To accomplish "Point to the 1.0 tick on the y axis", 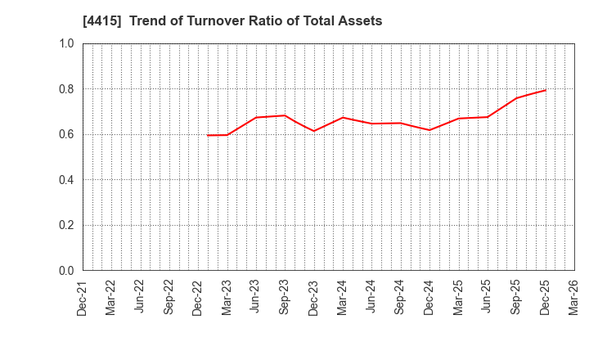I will click(x=66, y=43).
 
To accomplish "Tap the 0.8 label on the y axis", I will click(x=66, y=89).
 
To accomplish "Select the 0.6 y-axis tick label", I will click(x=66, y=134).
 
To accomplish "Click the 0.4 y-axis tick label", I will click(x=66, y=180).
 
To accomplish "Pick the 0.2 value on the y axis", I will click(x=66, y=225).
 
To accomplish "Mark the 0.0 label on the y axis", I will click(x=66, y=271).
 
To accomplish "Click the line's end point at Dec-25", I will click(x=545, y=90).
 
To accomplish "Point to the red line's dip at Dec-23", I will click(x=313, y=131).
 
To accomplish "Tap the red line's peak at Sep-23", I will click(x=285, y=115).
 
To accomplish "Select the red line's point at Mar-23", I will click(x=227, y=135).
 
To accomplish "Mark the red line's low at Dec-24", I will click(x=429, y=130).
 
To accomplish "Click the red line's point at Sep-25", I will click(x=516, y=98).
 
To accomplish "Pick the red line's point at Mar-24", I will click(x=343, y=117).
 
